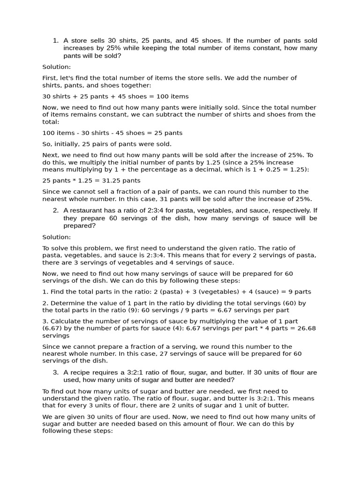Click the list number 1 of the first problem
55,40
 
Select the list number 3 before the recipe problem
55,372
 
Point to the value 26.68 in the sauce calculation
305,328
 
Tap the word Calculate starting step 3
66,321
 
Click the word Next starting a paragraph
50,155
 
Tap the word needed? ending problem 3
220,380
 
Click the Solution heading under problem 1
56,67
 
